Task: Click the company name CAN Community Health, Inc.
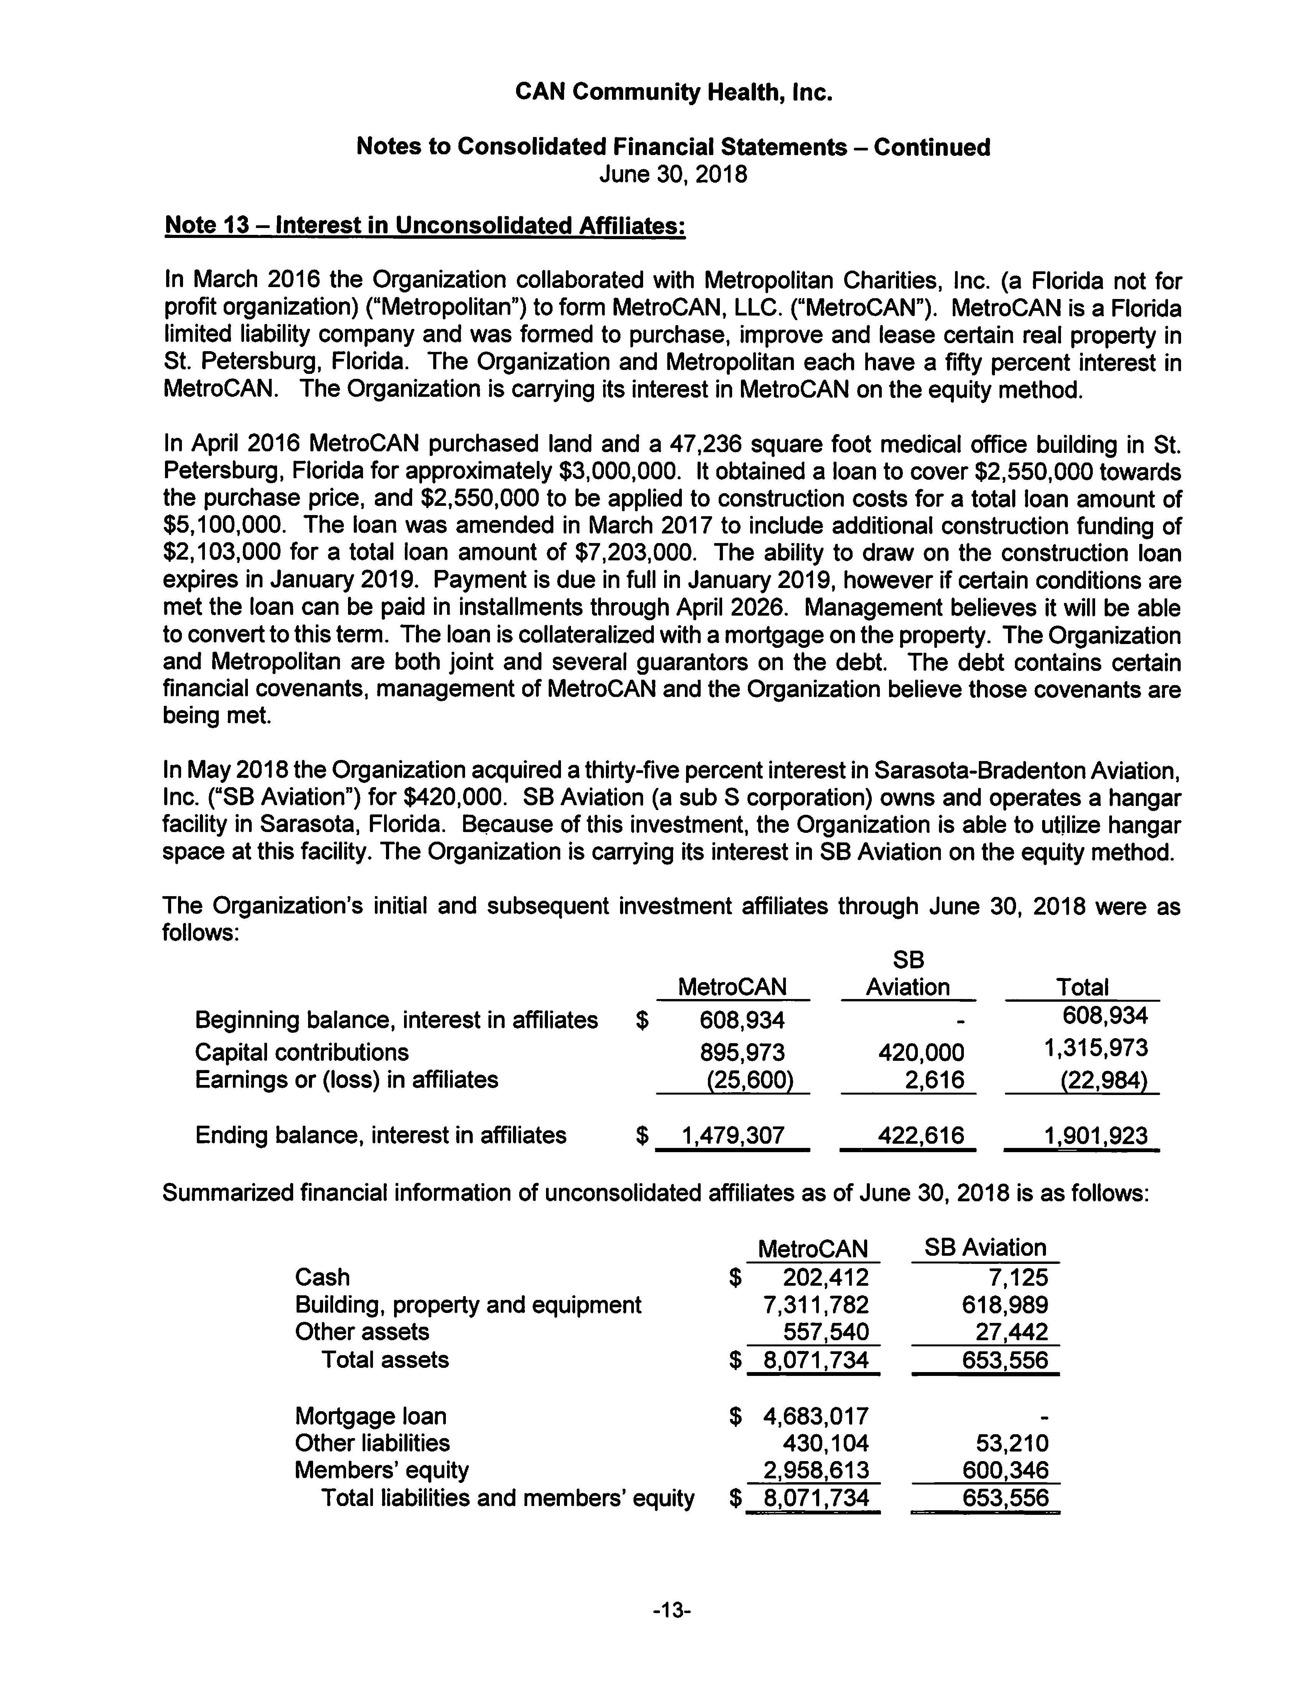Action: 673,93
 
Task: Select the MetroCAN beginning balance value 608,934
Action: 741,1020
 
